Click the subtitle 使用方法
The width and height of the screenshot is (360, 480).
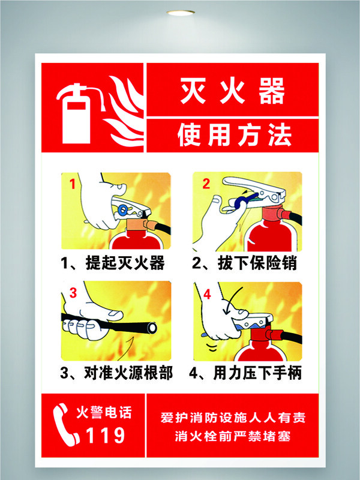pyautogui.click(x=234, y=136)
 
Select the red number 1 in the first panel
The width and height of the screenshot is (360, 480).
pyautogui.click(x=73, y=184)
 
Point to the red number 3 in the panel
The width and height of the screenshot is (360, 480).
pyautogui.click(x=73, y=293)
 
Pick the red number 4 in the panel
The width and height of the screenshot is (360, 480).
pyautogui.click(x=208, y=295)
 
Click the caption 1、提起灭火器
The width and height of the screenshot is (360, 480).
pyautogui.click(x=113, y=263)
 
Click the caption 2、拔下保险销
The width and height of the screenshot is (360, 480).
pyautogui.click(x=244, y=263)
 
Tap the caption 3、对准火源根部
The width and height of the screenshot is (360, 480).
pyautogui.click(x=116, y=373)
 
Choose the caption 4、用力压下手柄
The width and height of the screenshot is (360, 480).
pyautogui.click(x=245, y=373)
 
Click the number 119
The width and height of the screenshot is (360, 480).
pyautogui.click(x=106, y=435)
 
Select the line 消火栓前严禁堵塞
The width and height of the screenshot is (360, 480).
pyautogui.click(x=233, y=437)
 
